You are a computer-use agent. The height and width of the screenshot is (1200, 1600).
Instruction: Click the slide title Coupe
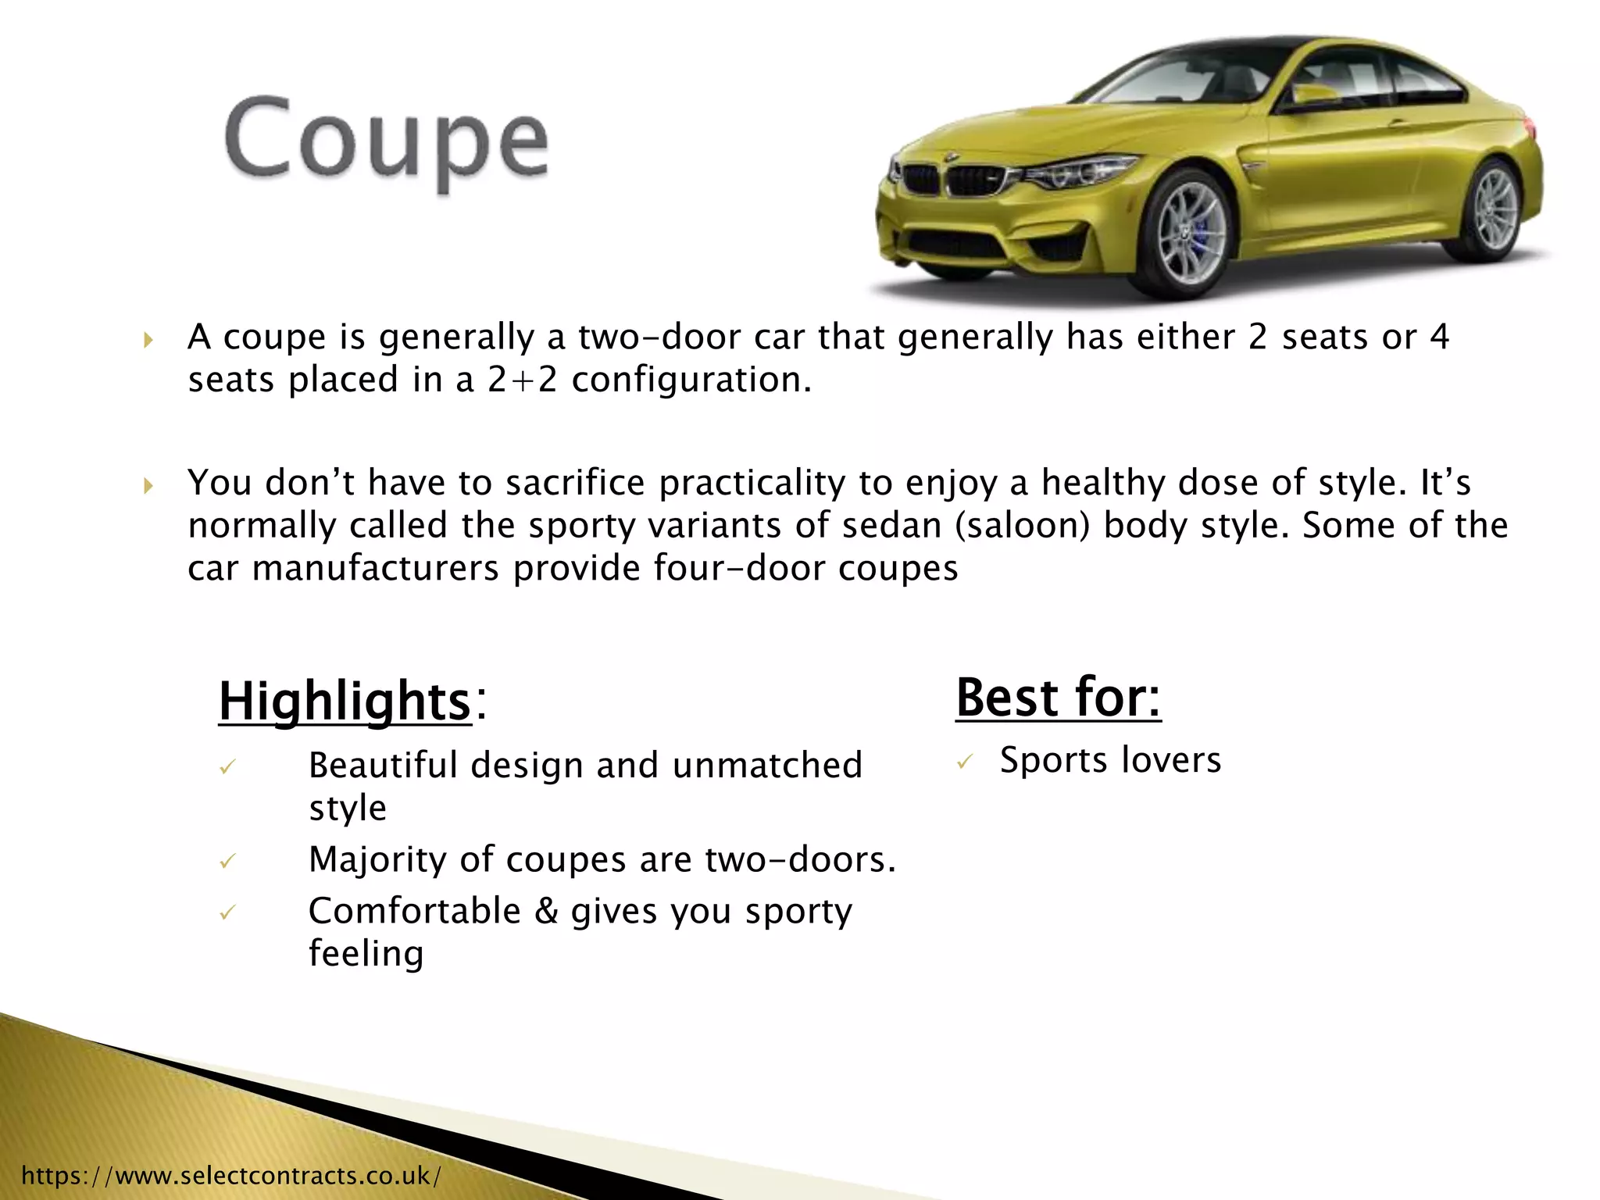[x=387, y=141]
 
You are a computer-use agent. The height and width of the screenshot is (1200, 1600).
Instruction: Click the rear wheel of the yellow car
[x=1493, y=209]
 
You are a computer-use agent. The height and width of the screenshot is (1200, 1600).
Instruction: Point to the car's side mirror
[x=1315, y=95]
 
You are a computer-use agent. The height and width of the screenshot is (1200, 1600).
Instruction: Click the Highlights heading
[x=345, y=701]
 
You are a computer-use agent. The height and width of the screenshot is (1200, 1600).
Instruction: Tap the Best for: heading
[x=1058, y=697]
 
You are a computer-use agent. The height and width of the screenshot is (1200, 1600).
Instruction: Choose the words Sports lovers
[x=1110, y=760]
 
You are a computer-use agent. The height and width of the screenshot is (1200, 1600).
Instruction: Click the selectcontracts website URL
[x=231, y=1175]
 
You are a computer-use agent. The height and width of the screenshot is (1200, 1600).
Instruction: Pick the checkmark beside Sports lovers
[x=966, y=761]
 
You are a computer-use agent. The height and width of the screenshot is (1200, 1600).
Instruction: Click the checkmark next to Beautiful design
[x=227, y=767]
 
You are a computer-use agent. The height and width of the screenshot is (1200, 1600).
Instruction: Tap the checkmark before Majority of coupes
[x=227, y=861]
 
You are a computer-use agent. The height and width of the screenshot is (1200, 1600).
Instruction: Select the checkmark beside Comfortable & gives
[x=227, y=912]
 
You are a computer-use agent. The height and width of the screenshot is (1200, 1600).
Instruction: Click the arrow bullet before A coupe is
[x=148, y=339]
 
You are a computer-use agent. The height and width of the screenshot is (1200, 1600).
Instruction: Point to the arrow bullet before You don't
[x=148, y=485]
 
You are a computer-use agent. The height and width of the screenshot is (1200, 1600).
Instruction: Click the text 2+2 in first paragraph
[x=523, y=380]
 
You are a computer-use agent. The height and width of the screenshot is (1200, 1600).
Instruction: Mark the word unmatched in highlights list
[x=767, y=766]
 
